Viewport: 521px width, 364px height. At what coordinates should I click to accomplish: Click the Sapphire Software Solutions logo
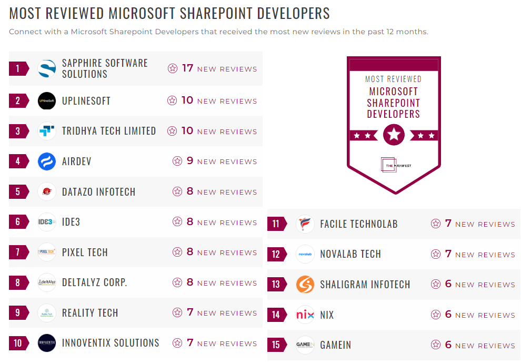point(47,69)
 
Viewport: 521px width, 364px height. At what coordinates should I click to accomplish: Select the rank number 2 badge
point(18,101)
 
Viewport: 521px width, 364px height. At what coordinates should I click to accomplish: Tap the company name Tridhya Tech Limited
point(109,131)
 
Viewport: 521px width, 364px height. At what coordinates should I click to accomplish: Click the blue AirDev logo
point(47,161)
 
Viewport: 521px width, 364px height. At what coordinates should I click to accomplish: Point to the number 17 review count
point(188,68)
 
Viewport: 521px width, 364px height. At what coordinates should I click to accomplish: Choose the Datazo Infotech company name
point(98,192)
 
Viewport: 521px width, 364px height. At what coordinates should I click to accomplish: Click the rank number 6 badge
point(18,222)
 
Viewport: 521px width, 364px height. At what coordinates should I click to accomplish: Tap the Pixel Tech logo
point(47,252)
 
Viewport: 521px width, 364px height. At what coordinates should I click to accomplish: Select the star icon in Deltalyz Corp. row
point(177,283)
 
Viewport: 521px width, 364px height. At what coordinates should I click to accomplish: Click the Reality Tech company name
point(90,313)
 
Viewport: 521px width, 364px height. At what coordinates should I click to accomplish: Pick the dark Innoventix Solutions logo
point(47,343)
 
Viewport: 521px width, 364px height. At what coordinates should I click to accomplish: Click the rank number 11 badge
point(276,224)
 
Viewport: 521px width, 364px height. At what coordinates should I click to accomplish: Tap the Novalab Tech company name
point(350,254)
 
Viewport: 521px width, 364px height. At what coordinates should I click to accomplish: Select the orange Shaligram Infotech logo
point(305,285)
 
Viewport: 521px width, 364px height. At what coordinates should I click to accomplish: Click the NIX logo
point(305,315)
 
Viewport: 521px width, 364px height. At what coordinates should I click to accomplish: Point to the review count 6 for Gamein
point(448,345)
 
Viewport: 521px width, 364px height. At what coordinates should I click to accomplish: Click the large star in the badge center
point(394,135)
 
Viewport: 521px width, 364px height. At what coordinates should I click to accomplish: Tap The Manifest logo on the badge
point(394,165)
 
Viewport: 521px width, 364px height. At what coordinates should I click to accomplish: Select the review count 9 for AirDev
point(190,161)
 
